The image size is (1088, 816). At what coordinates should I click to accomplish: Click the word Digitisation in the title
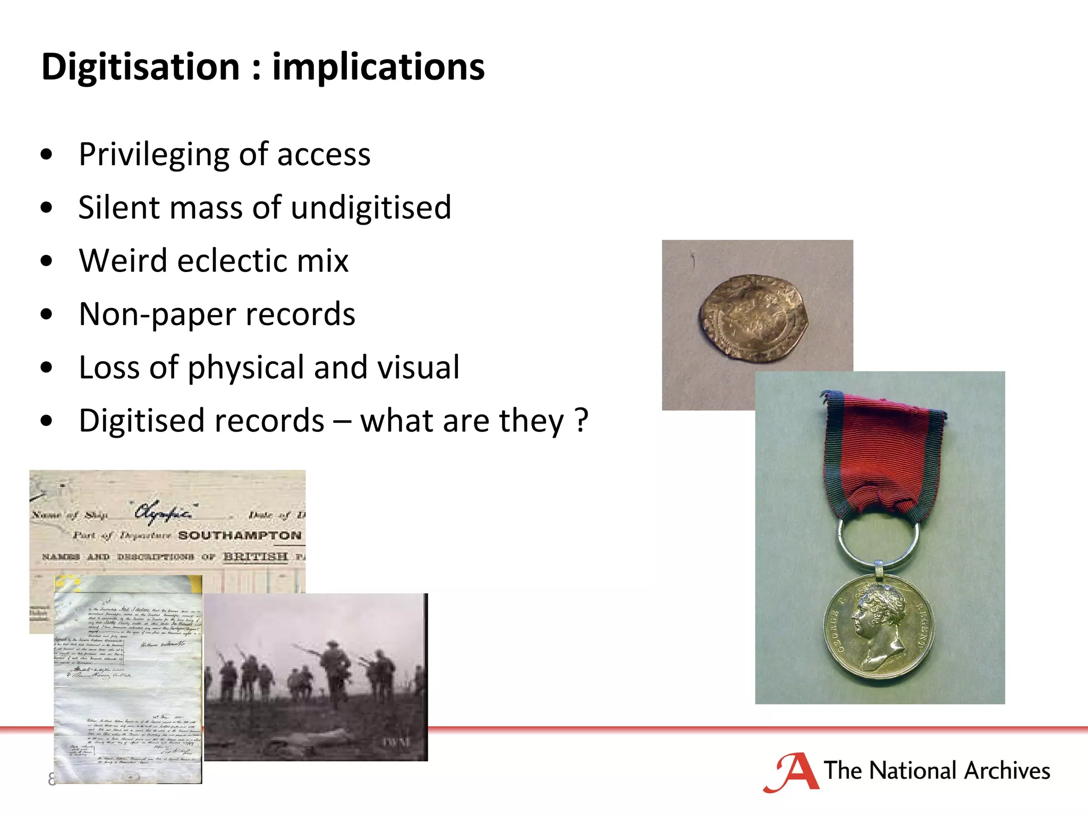(x=141, y=67)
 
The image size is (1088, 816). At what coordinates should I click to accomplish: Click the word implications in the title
(x=378, y=67)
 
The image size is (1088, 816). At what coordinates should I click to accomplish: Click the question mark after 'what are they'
(x=582, y=421)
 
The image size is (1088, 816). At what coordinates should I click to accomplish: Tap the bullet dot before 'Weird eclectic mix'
(x=47, y=261)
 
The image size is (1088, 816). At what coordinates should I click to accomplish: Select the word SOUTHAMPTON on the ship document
(x=240, y=535)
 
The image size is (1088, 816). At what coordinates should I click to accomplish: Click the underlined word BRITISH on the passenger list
(x=256, y=557)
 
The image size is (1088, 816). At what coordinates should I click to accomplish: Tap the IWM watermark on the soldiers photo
(x=396, y=742)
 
